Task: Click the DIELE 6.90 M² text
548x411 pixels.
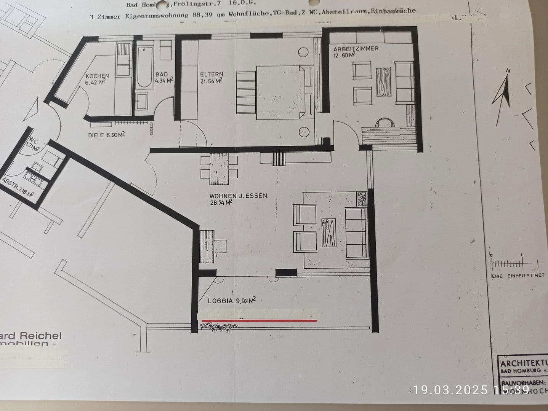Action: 106,135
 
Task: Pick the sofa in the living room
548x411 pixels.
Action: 356,232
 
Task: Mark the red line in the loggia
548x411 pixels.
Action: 259,321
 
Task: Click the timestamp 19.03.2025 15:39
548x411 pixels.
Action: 471,390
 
